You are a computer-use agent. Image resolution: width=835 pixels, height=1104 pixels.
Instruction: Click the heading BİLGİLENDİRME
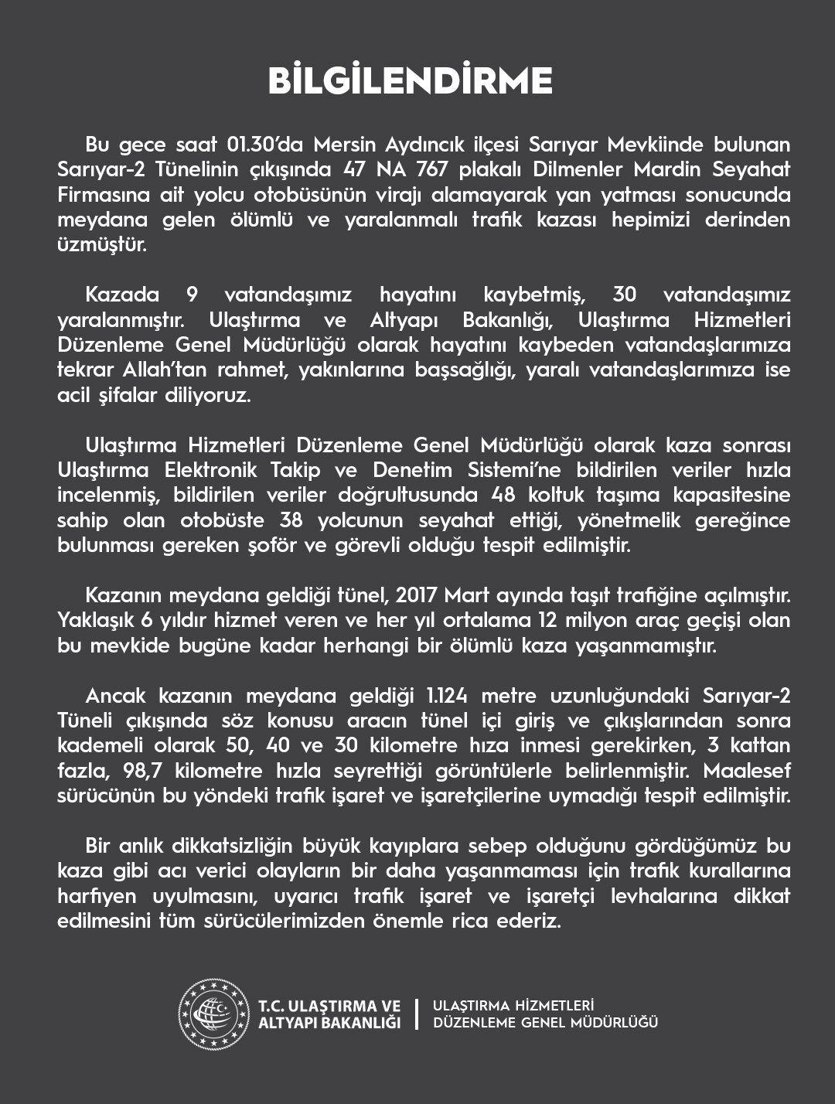[410, 81]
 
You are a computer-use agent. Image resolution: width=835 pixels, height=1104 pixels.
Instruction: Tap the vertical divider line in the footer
[417, 1014]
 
